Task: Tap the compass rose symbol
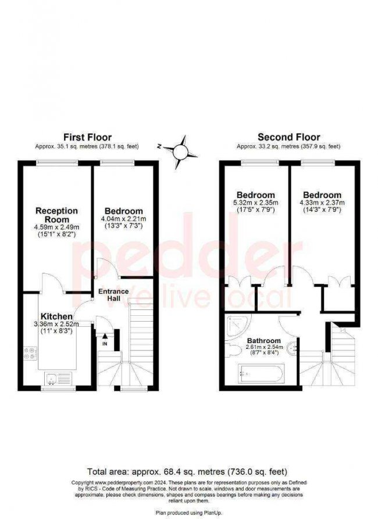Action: point(180,151)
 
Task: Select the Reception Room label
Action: point(56,214)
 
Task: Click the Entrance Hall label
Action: point(113,294)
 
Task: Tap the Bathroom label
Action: point(264,340)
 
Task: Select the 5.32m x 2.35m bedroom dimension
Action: point(255,203)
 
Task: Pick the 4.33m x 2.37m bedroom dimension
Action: point(322,203)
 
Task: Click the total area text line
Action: point(187,471)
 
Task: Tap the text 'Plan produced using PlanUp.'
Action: point(187,513)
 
